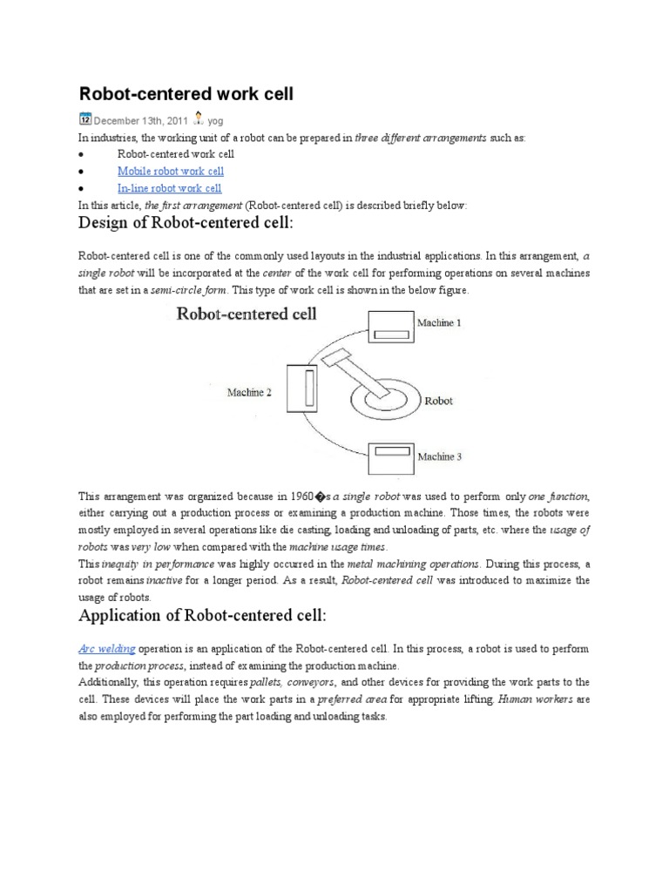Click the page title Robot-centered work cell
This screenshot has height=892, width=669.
click(186, 93)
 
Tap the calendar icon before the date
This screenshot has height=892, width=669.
click(84, 119)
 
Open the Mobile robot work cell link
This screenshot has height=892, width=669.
click(170, 171)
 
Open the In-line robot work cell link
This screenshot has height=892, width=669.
click(169, 188)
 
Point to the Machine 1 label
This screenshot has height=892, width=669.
click(442, 323)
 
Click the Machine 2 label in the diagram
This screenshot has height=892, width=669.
click(249, 393)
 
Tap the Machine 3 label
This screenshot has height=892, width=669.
click(443, 456)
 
